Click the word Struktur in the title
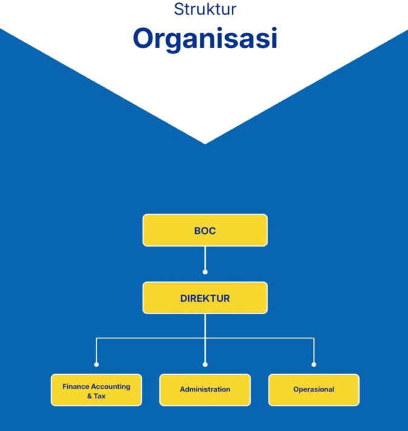[205, 10]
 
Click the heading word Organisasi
[205, 39]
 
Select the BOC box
[205, 230]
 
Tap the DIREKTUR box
[205, 298]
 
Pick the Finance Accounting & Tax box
[96, 390]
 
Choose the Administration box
[205, 390]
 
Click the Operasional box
[314, 390]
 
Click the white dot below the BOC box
[205, 272]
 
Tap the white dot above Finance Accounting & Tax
[96, 364]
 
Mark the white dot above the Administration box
[205, 364]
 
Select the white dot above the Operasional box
[314, 364]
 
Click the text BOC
[205, 231]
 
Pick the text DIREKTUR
[205, 298]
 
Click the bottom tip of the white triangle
[205, 142]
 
